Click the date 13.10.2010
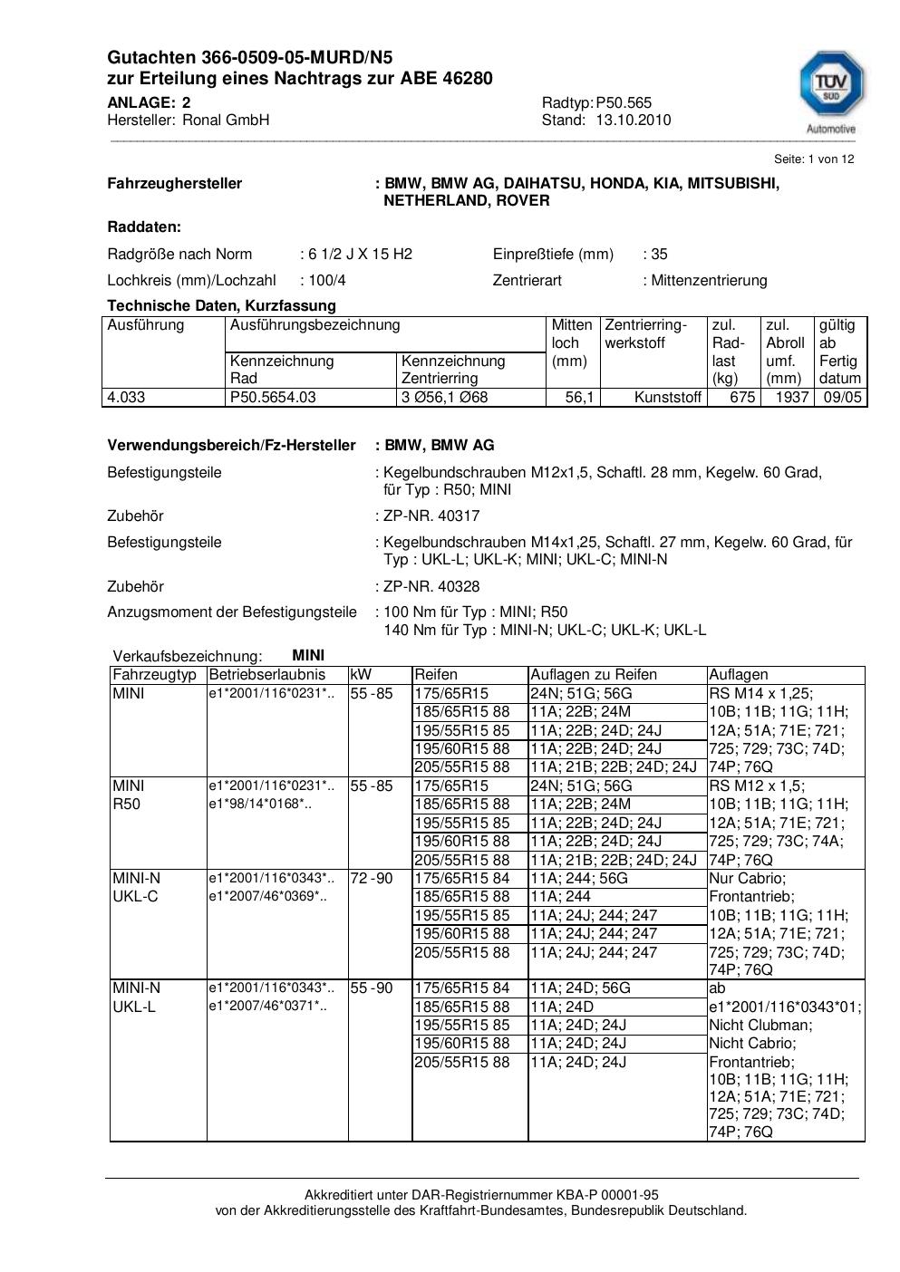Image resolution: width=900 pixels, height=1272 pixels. click(633, 120)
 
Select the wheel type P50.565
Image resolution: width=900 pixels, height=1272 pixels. click(624, 102)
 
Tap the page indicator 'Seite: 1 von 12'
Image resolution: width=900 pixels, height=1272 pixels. click(814, 159)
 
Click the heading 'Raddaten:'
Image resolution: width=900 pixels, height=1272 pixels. click(144, 226)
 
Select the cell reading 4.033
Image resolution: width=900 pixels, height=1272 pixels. click(126, 397)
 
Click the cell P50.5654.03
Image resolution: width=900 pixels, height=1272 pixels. click(274, 397)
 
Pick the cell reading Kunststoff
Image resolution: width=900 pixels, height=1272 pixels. click(668, 397)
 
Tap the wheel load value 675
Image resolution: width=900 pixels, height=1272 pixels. click(742, 397)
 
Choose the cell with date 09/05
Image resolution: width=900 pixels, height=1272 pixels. click(842, 397)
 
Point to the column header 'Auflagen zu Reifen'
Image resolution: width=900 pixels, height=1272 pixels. click(594, 674)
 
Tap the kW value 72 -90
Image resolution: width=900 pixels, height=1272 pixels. click(372, 878)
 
